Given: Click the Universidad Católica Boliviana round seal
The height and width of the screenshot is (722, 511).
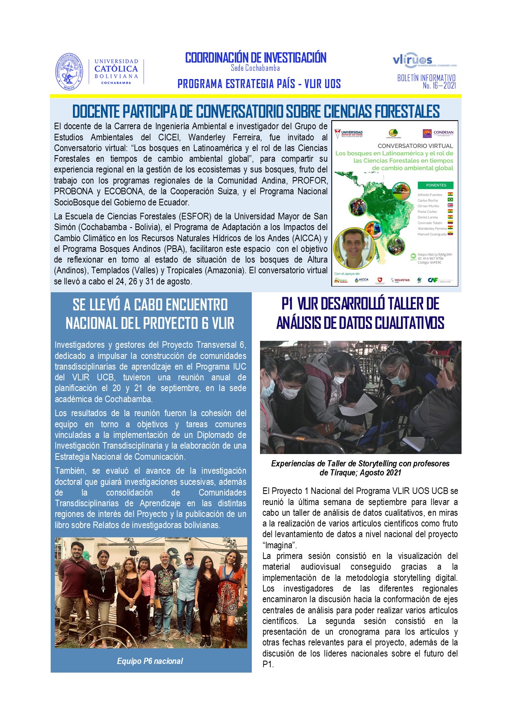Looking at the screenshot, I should click(x=69, y=72).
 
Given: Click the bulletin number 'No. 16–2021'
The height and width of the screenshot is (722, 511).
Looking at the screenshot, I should click(x=439, y=86).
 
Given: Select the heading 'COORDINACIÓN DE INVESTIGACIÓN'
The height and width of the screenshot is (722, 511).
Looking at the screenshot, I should click(x=255, y=58).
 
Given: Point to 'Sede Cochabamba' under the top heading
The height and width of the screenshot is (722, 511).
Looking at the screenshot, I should click(x=255, y=68).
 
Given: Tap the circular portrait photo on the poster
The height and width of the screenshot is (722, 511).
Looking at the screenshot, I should click(x=354, y=248).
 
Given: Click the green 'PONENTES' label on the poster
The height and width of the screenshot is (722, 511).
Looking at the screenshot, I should click(x=436, y=185).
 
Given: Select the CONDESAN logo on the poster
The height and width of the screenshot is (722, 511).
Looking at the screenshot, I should click(x=438, y=133).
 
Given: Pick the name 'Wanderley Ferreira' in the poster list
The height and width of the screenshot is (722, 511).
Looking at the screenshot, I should click(x=431, y=228).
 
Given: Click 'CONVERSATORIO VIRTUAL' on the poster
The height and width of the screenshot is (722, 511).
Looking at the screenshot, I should click(x=415, y=146).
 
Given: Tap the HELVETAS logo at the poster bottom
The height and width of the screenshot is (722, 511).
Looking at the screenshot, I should click(x=401, y=280).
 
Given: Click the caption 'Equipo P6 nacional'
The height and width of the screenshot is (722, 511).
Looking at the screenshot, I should click(x=150, y=661).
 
